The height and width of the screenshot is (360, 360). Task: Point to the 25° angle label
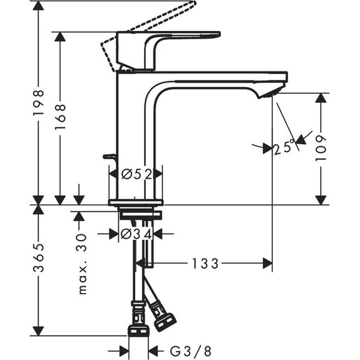pos(284,148)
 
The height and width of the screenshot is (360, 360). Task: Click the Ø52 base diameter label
pos(136,174)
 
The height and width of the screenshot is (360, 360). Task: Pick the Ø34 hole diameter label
pos(136,234)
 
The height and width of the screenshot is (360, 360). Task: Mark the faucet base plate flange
pos(136,202)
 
